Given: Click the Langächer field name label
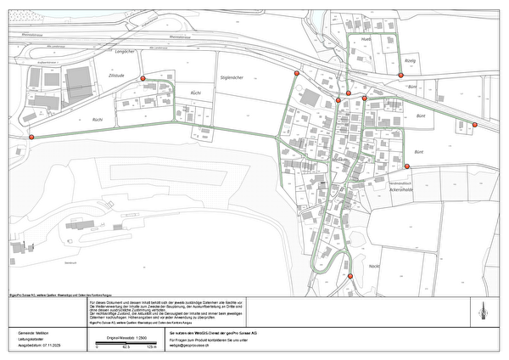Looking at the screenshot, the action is [125, 52].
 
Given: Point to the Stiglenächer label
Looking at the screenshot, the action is [232, 77].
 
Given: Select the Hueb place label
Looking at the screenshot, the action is [366, 39].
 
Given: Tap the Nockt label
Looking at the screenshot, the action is [374, 267].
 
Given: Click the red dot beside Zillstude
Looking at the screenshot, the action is [143, 78].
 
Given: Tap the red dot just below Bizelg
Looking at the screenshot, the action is [400, 76].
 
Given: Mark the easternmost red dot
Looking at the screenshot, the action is [475, 126].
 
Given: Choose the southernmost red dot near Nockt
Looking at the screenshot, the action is [350, 276].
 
